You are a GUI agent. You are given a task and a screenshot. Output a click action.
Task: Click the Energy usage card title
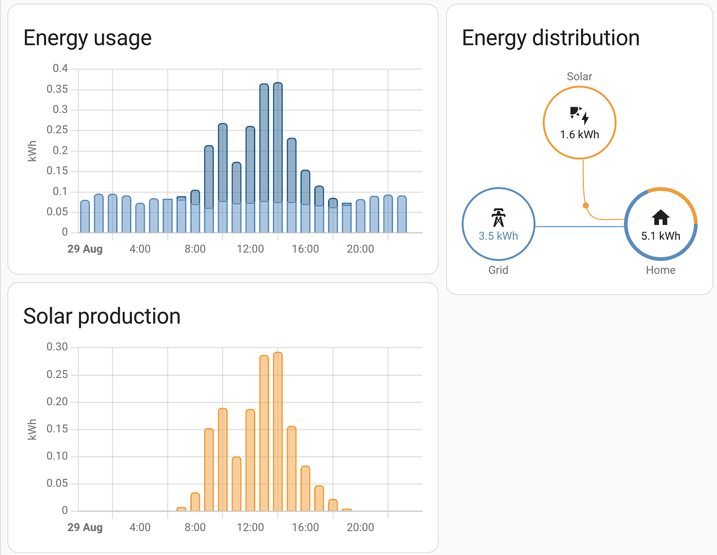[x=88, y=38]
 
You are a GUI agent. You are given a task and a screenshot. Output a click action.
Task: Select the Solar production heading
[x=102, y=316]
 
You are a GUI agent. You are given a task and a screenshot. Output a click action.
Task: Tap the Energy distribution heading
[x=551, y=38]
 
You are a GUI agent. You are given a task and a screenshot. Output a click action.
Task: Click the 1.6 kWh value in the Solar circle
[x=579, y=134]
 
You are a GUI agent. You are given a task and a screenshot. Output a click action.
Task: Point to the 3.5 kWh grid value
[x=498, y=236]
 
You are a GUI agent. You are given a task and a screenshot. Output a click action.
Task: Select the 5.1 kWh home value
[x=660, y=236]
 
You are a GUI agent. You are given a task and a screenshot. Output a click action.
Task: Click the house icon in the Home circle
[x=660, y=218]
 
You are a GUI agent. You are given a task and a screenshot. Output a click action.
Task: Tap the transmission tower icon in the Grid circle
[x=498, y=218]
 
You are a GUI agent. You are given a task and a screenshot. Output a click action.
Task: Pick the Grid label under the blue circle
[x=498, y=270]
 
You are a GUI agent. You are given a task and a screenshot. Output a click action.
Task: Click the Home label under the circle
[x=660, y=270]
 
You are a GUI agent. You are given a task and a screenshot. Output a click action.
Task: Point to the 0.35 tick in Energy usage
[x=57, y=89]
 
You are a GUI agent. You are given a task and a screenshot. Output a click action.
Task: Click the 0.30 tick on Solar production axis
[x=57, y=347]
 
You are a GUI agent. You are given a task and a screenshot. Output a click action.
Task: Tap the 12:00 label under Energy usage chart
[x=250, y=249]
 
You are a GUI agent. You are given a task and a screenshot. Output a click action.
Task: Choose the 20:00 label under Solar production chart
[x=360, y=527]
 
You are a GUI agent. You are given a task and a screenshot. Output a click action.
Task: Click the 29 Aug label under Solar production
[x=85, y=527]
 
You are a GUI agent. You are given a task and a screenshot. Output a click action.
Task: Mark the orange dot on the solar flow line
[x=585, y=205]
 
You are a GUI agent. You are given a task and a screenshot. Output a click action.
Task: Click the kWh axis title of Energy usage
[x=32, y=151]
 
